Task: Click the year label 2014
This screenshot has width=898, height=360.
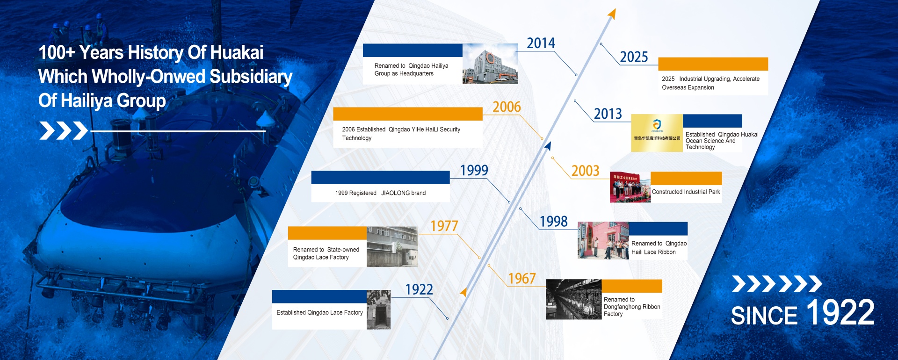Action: click(x=541, y=43)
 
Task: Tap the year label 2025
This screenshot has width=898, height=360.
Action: click(x=634, y=58)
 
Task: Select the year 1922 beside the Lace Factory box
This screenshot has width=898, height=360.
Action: click(x=419, y=290)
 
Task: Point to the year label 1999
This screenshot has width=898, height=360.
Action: click(x=474, y=171)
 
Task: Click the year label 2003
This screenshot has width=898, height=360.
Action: click(x=585, y=171)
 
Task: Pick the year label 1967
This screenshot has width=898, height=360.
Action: click(x=521, y=279)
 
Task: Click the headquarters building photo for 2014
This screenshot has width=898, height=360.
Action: click(x=490, y=64)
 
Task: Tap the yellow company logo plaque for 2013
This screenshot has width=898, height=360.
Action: click(x=657, y=133)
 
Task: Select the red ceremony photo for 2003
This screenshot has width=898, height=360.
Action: click(x=630, y=187)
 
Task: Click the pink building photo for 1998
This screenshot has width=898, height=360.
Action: click(x=603, y=240)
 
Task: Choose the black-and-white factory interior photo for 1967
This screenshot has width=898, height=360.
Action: click(x=573, y=300)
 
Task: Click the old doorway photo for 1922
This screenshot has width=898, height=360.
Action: click(x=378, y=310)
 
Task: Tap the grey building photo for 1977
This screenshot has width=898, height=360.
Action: click(x=392, y=247)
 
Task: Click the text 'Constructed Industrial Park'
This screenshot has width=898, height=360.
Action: click(x=686, y=192)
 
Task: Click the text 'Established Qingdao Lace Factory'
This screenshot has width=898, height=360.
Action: click(x=319, y=313)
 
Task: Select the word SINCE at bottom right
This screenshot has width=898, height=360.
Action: click(x=764, y=316)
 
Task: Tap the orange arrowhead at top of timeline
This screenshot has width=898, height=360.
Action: click(x=612, y=14)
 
